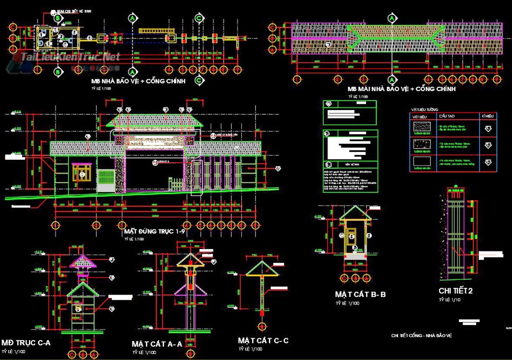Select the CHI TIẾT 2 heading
click(456, 290)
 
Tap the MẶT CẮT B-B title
click(360, 295)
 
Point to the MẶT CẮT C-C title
click(263, 341)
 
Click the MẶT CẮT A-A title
click(157, 344)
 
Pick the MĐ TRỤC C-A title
click(26, 342)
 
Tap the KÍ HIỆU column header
click(487, 116)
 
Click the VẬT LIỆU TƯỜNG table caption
click(425, 110)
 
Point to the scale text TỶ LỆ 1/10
click(449, 300)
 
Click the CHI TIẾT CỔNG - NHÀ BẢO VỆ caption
click(421, 335)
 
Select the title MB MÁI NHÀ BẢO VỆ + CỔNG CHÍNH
click(401, 89)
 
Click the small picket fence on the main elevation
click(175, 184)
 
